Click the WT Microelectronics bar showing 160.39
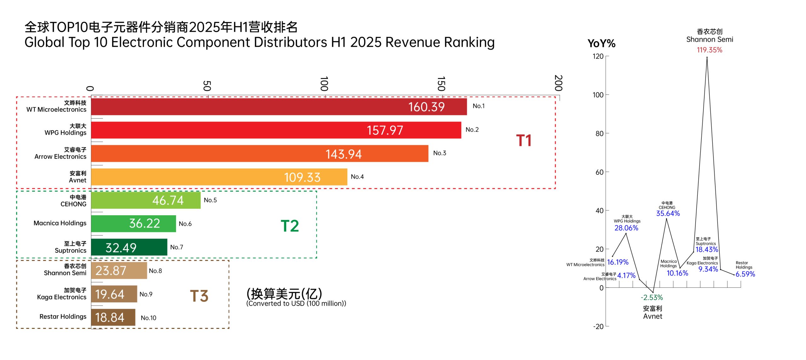pyautogui.click(x=279, y=107)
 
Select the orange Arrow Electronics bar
pyautogui.click(x=259, y=154)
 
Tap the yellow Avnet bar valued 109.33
pyautogui.click(x=219, y=177)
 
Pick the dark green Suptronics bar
pyautogui.click(x=129, y=247)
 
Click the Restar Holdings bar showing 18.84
pyautogui.click(x=113, y=317)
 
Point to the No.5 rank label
pyautogui.click(x=210, y=200)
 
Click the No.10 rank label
pyautogui.click(x=149, y=318)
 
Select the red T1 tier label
pyautogui.click(x=524, y=140)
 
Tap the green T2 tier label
pyautogui.click(x=290, y=226)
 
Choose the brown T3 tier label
pyautogui.click(x=199, y=296)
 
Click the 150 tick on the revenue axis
pyautogui.click(x=441, y=84)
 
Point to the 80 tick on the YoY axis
pyautogui.click(x=599, y=134)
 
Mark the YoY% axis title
pyautogui.click(x=601, y=43)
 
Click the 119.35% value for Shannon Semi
pyautogui.click(x=709, y=50)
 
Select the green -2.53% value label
pyautogui.click(x=652, y=297)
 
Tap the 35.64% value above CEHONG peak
pyautogui.click(x=668, y=213)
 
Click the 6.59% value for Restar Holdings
pyautogui.click(x=745, y=274)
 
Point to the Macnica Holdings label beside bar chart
pyautogui.click(x=60, y=223)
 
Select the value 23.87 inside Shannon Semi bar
pyautogui.click(x=111, y=271)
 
